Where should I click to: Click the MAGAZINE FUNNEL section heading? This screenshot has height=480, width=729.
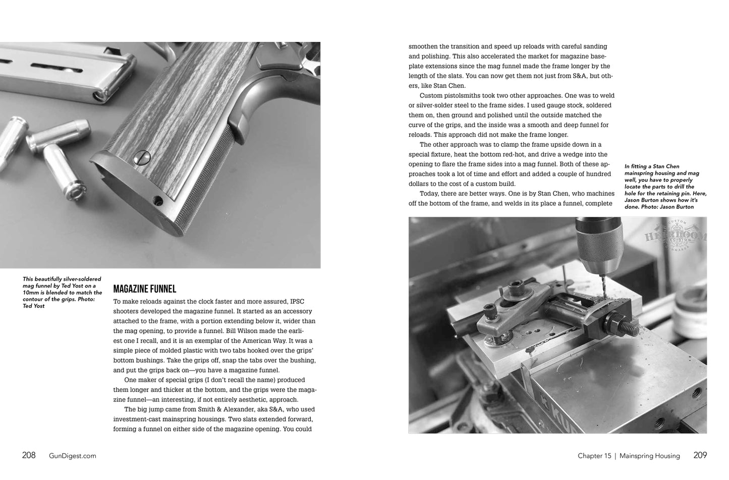click(144, 289)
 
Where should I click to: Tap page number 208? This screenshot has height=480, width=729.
click(29, 455)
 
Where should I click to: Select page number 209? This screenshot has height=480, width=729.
click(700, 455)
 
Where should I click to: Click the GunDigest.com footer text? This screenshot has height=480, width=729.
click(73, 456)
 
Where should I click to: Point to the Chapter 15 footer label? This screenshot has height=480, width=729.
click(594, 456)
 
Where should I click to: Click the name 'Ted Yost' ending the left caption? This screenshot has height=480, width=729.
click(34, 306)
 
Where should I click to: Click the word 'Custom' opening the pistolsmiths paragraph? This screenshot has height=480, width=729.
click(431, 95)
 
